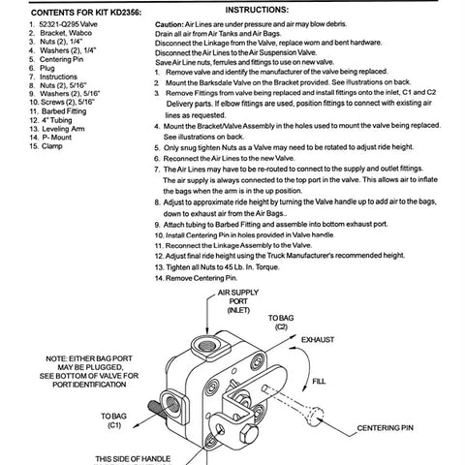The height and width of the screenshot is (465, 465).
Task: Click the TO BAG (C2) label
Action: click(281, 323)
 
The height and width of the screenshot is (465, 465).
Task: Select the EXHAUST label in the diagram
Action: click(321, 341)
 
